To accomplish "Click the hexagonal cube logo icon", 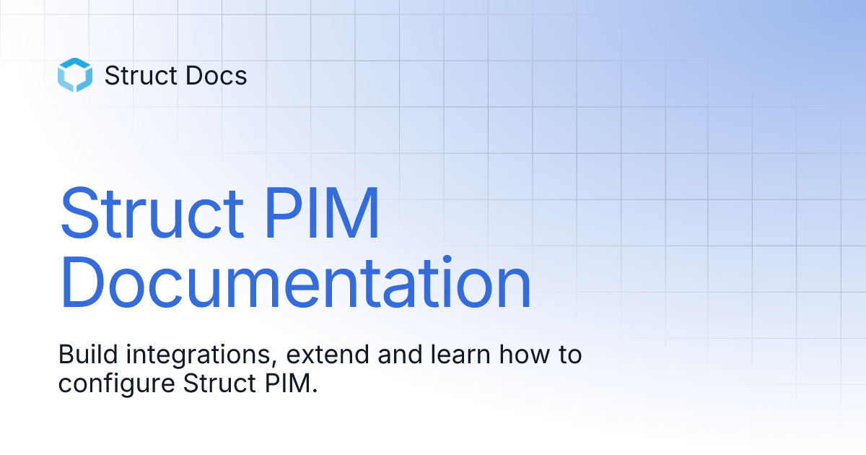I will [x=75, y=75].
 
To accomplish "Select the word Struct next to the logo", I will [x=137, y=76].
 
